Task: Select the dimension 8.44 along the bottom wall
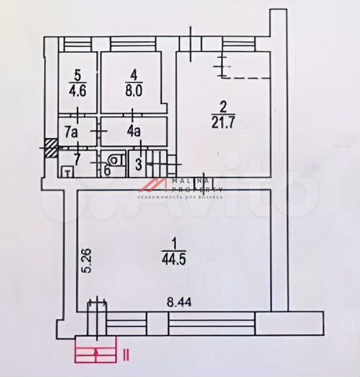(179, 303)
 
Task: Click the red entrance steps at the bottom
(96, 355)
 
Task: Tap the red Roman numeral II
(125, 354)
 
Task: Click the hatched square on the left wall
(51, 148)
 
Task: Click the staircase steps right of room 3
(160, 165)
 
